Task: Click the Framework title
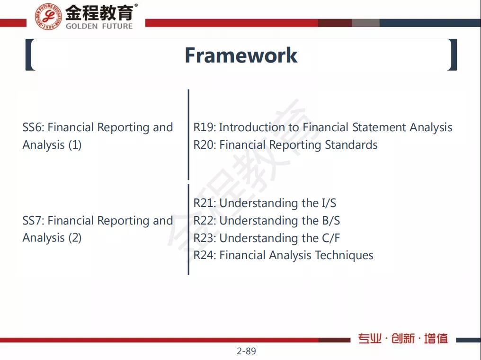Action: click(x=240, y=55)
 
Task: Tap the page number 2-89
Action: click(x=246, y=351)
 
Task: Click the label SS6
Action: click(x=33, y=127)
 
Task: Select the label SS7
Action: click(x=33, y=221)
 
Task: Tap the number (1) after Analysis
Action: click(x=75, y=145)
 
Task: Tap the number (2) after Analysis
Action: click(x=75, y=238)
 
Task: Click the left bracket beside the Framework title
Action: click(x=29, y=55)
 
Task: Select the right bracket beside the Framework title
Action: click(x=453, y=55)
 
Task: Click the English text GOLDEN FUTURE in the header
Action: click(x=99, y=26)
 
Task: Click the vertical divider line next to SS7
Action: click(x=188, y=230)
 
